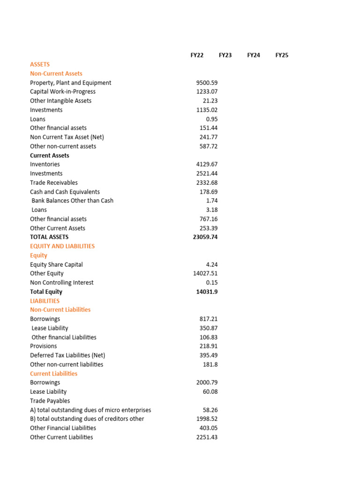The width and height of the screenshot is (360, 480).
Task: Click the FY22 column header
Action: point(197,55)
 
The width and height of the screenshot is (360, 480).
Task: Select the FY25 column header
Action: point(282,55)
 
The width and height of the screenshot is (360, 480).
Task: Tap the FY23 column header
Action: point(225,55)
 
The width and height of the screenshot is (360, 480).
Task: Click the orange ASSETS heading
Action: point(40,64)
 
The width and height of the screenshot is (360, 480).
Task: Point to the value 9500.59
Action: point(207,82)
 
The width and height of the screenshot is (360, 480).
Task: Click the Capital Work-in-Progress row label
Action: point(63,92)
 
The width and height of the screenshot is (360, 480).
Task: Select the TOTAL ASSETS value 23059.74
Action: point(205,237)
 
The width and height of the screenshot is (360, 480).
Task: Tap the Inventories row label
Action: point(45,165)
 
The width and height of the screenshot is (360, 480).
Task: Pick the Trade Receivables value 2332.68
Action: point(207,183)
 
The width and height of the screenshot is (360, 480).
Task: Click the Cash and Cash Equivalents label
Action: point(65,192)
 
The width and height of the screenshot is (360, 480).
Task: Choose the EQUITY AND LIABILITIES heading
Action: point(62,246)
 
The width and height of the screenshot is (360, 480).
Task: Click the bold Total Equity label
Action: point(46,292)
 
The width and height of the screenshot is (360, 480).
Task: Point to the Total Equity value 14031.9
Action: point(207,292)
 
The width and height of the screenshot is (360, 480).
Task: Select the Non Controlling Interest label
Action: point(62,283)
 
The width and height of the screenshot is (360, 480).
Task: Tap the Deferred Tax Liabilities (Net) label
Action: point(67,355)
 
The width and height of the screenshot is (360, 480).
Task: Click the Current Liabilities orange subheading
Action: point(54,374)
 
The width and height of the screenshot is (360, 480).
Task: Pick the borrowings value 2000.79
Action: point(207,382)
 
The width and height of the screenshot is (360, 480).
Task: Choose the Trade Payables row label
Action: point(50,401)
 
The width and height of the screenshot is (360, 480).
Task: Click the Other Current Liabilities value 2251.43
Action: point(207,437)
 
